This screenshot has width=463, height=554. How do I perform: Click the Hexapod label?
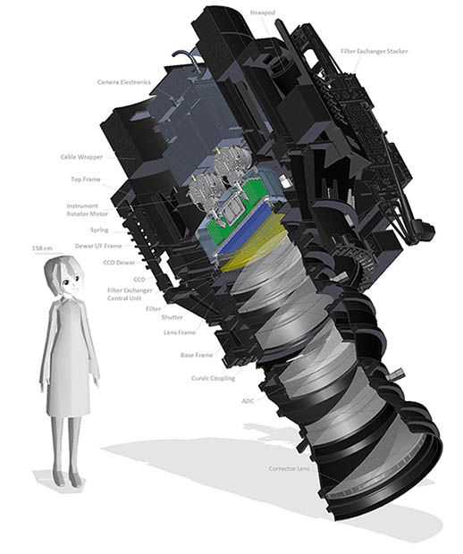[261, 13]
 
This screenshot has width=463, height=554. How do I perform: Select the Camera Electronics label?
[125, 82]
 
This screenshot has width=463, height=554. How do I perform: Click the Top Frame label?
[86, 179]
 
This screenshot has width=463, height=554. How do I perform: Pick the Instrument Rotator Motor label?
[87, 211]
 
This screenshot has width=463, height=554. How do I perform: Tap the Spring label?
[98, 230]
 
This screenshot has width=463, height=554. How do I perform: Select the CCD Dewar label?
[119, 262]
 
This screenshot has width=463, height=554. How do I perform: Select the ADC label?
[248, 400]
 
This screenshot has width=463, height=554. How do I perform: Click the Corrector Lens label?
[288, 468]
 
